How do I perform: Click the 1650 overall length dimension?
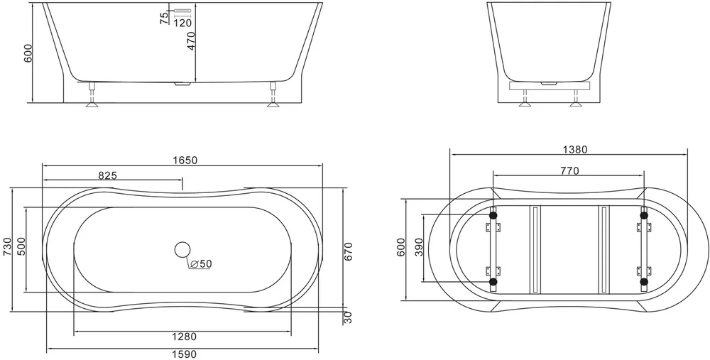click(185, 160)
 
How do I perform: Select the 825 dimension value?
click(108, 175)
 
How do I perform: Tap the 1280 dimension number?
click(185, 337)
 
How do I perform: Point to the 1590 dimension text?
click(185, 354)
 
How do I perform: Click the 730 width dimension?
click(8, 247)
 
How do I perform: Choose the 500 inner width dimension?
click(21, 247)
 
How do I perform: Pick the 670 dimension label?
click(348, 252)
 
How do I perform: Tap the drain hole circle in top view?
click(182, 250)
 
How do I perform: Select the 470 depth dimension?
click(190, 40)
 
